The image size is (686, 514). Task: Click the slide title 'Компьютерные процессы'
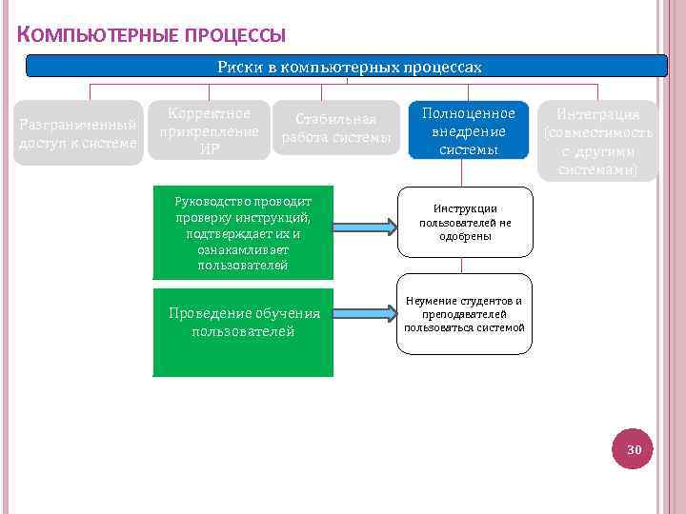[151, 36]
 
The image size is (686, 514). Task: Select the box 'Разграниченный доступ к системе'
[78, 133]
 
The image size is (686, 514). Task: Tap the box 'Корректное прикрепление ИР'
[210, 131]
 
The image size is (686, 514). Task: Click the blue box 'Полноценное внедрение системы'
[468, 131]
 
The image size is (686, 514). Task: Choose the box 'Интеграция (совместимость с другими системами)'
[598, 141]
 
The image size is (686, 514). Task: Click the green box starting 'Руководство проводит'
[243, 232]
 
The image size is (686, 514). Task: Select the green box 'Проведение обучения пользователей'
[243, 332]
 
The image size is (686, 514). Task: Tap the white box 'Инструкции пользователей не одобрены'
[465, 222]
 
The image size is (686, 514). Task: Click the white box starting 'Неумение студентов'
[465, 314]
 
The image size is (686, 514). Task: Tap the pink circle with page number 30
[634, 448]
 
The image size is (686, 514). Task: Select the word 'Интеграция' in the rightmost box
[598, 114]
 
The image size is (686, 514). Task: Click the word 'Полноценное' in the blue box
[468, 113]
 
